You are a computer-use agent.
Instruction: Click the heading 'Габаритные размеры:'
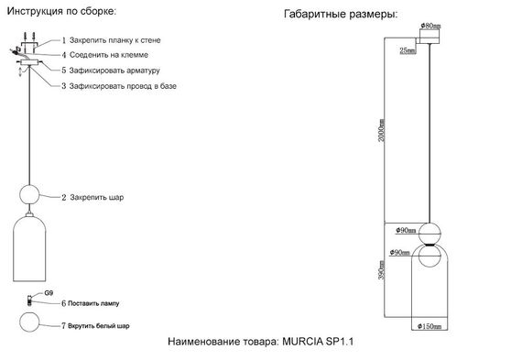(341, 16)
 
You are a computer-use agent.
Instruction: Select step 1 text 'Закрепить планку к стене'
(114, 42)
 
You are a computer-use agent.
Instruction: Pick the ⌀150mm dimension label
(430, 326)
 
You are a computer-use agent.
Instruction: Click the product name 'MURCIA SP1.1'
(318, 341)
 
